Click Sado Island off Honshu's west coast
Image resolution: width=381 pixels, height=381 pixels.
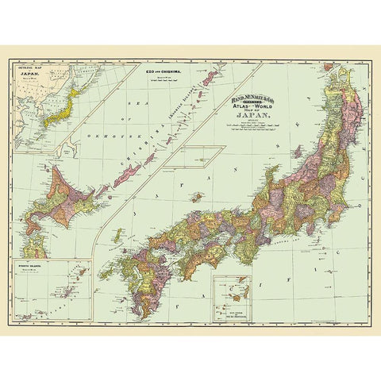click(x=296, y=151)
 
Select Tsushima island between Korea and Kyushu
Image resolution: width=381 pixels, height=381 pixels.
click(x=117, y=235)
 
